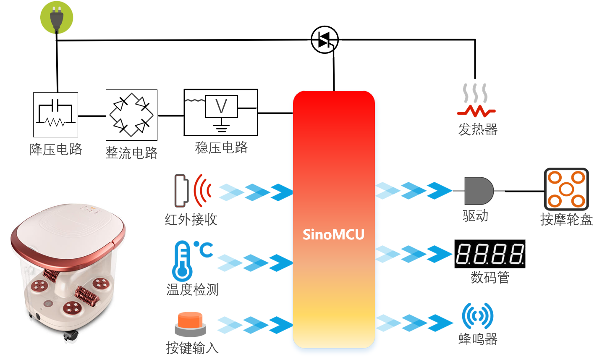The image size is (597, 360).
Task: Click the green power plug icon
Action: point(57,18)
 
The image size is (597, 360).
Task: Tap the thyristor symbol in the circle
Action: point(325,40)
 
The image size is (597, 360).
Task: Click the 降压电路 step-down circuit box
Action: point(55,115)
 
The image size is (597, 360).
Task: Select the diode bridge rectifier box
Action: point(132,115)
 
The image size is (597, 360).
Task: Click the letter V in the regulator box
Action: point(221,106)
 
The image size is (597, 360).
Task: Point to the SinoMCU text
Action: point(333,235)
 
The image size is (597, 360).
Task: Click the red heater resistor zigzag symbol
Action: point(476,111)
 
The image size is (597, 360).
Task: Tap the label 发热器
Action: point(478,130)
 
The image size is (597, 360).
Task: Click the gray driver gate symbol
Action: point(479,191)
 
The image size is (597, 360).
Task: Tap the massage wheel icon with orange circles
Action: point(566,189)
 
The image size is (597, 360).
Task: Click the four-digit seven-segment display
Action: point(490,254)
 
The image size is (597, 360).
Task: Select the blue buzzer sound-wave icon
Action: point(478,316)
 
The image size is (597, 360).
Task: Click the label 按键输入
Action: point(192,348)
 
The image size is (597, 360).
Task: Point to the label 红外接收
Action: point(191,219)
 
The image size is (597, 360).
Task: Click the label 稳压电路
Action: point(221,147)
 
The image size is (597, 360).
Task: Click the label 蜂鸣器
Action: point(478,339)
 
